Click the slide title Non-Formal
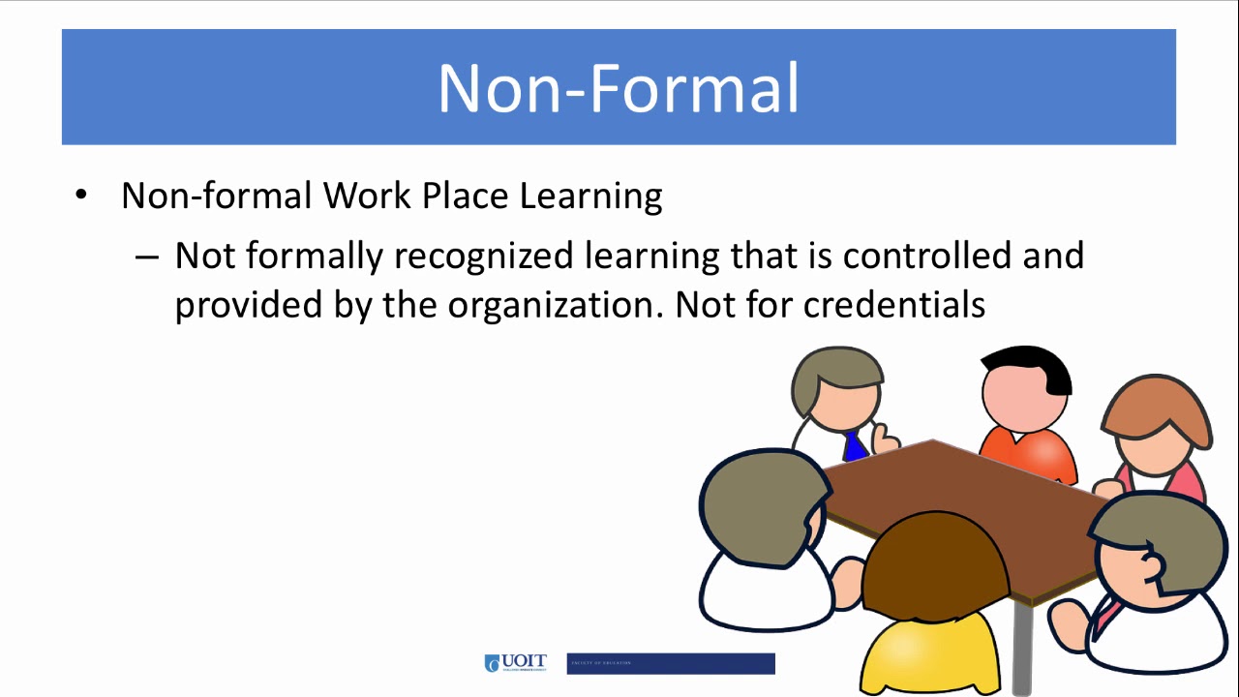pos(619,88)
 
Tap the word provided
pos(246,305)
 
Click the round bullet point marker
pos(81,197)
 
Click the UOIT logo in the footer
pos(515,663)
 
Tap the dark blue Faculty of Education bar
pos(670,663)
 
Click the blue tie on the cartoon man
pos(854,446)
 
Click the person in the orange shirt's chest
pos(1031,453)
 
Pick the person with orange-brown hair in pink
pos(1157,436)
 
